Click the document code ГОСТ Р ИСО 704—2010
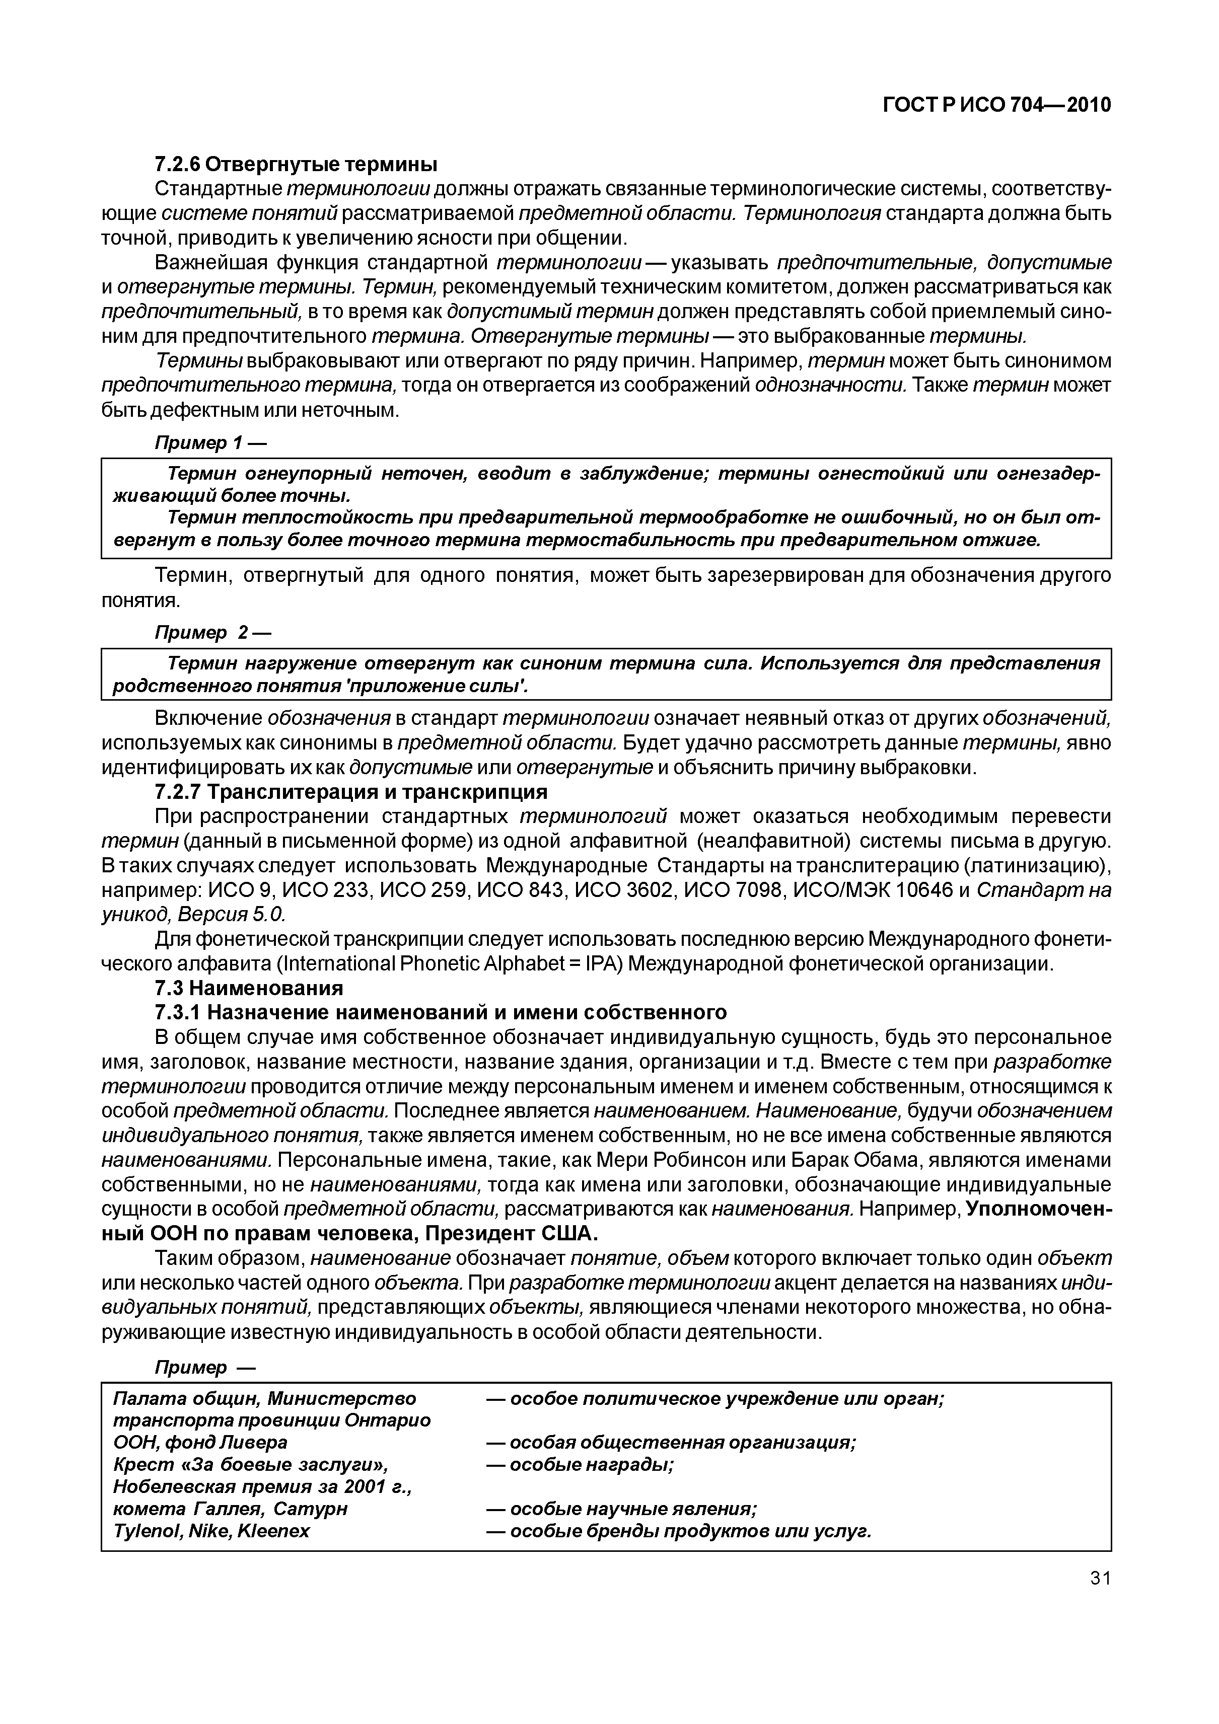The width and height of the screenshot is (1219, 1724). click(996, 106)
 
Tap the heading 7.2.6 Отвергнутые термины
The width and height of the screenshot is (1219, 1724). click(296, 164)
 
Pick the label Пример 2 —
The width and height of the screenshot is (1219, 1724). click(212, 633)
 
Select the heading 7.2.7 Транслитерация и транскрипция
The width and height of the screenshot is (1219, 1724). click(351, 792)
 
